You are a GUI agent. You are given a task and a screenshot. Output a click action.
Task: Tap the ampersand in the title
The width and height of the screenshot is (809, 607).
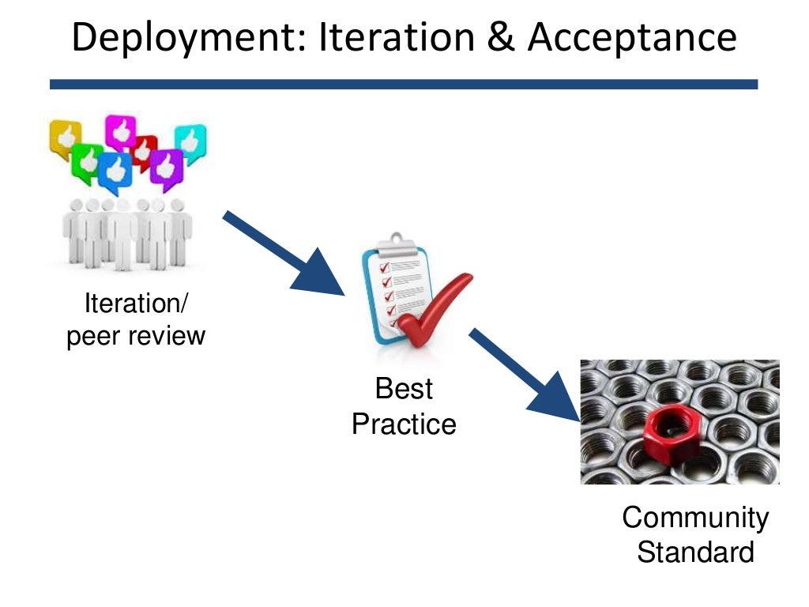pos(501,39)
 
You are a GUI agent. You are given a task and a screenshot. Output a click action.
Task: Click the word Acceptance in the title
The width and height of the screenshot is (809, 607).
pos(632,39)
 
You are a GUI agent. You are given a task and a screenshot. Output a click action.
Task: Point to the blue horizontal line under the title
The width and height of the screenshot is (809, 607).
pos(404,84)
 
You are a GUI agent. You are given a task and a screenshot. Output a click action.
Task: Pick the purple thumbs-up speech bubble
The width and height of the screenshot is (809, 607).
pos(166,168)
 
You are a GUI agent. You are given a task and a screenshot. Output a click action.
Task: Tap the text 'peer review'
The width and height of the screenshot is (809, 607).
pos(136,336)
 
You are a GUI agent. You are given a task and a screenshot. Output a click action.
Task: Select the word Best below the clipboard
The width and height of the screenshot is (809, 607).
pos(404,389)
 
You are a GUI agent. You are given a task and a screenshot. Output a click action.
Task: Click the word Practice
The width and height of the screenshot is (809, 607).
pos(404,424)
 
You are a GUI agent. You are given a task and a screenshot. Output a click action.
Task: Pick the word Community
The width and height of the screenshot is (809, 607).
pos(694,518)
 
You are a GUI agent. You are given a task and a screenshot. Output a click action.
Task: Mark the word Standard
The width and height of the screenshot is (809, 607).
pos(695,552)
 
